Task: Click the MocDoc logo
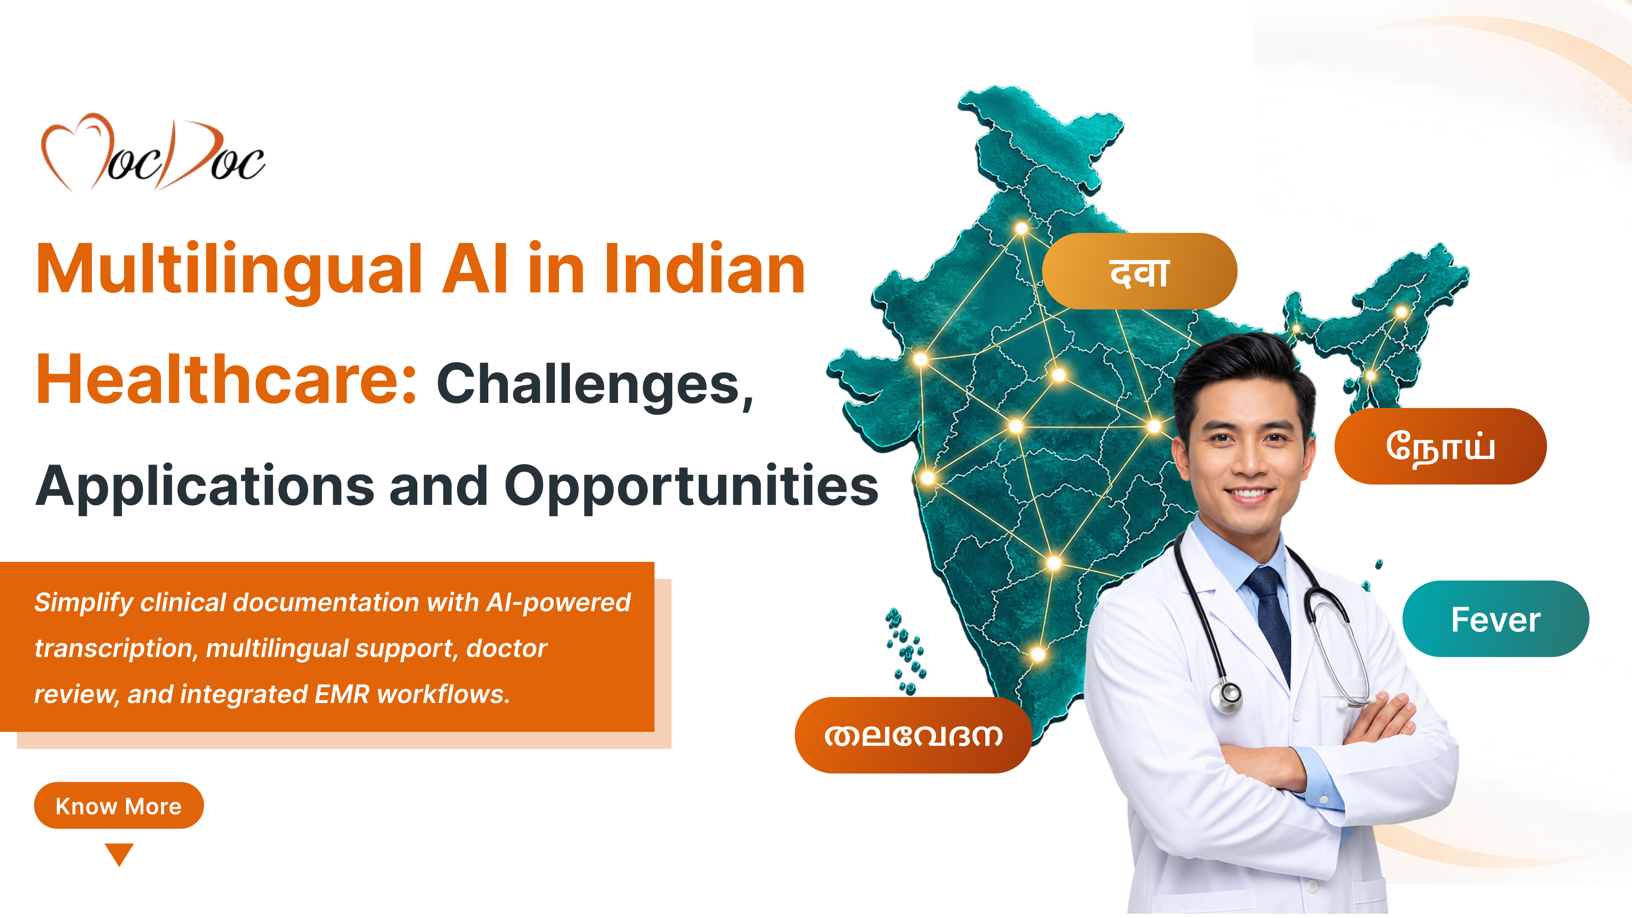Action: [153, 152]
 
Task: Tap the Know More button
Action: [119, 805]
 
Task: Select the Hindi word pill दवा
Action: [1139, 271]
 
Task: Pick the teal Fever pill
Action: [1495, 619]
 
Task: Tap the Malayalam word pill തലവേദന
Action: [913, 735]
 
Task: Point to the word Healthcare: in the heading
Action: [226, 379]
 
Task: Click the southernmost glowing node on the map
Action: [1038, 654]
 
